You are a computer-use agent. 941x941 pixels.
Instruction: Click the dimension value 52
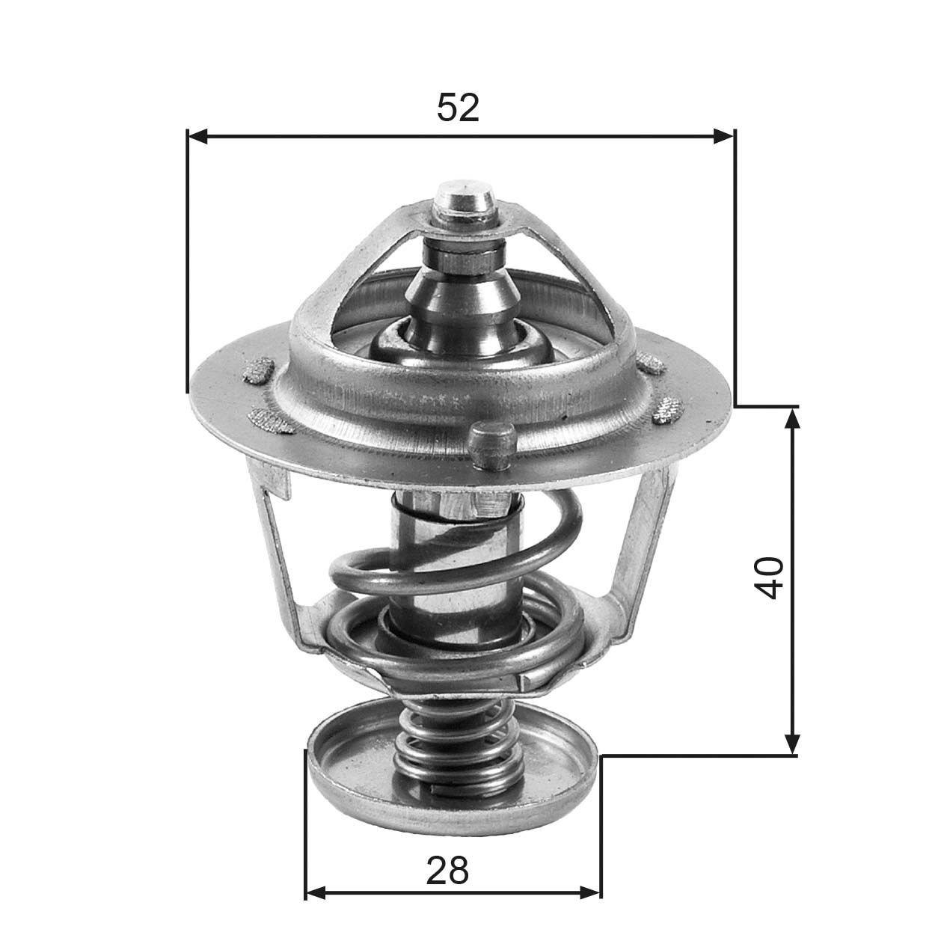coord(458,108)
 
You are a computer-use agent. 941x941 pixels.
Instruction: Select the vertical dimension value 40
coord(770,577)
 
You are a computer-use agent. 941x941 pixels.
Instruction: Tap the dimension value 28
coord(447,870)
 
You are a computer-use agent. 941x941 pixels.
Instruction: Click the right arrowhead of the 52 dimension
coord(723,136)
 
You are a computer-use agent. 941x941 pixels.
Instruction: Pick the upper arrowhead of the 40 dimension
coord(793,417)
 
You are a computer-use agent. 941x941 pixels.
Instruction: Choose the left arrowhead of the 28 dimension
coord(316,892)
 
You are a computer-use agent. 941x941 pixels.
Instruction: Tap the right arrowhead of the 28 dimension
coord(590,892)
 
